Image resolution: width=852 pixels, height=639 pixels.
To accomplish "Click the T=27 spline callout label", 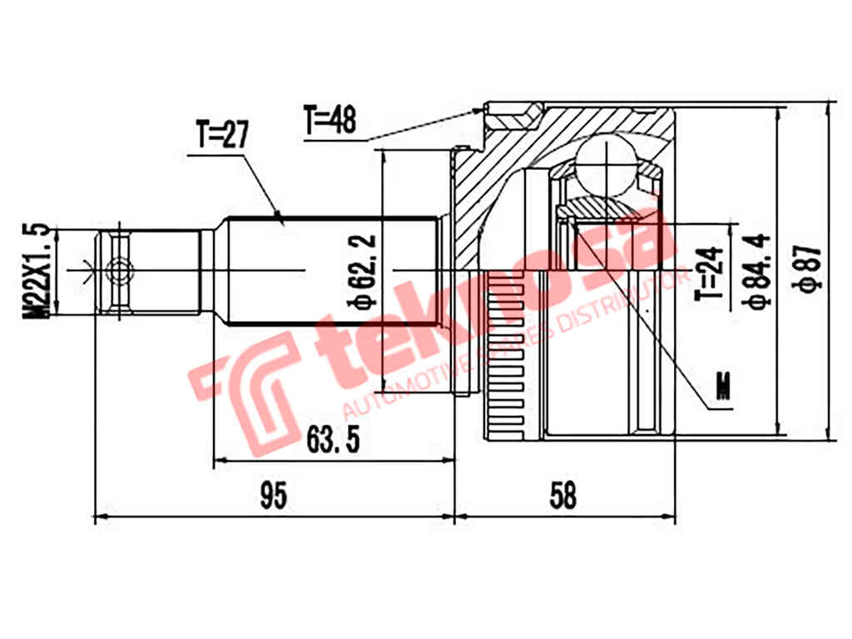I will (221, 136).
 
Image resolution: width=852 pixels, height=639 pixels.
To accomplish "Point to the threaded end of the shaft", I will (150, 271).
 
